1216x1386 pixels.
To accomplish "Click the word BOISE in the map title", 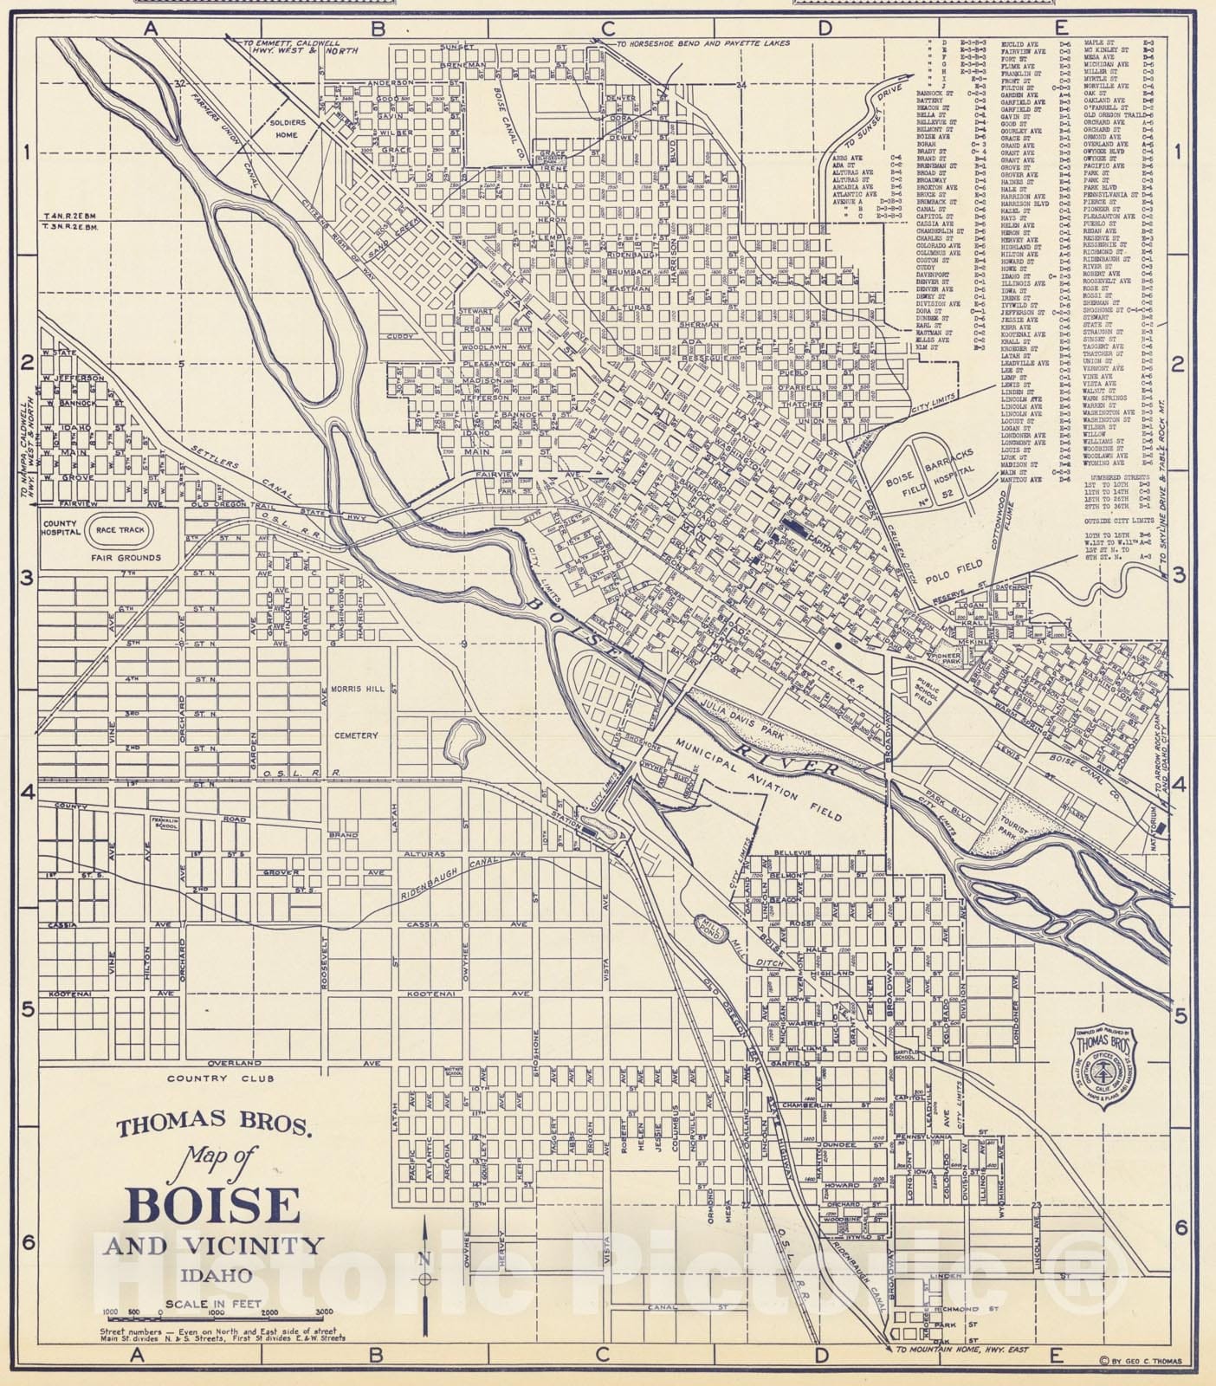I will (x=213, y=1205).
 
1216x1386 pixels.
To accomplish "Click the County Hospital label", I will (x=61, y=530).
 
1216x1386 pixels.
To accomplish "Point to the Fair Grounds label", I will (x=126, y=559).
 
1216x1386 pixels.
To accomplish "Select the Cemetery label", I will (x=356, y=735).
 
